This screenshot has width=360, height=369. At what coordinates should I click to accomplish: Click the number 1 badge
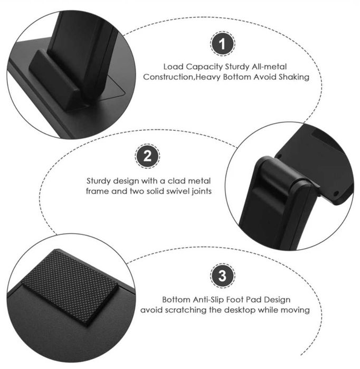[223, 44]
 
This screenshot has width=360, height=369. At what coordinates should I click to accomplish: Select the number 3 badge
[222, 276]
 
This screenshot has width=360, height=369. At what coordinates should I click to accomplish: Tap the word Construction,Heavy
[180, 77]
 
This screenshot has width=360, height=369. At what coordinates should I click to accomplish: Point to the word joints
[202, 191]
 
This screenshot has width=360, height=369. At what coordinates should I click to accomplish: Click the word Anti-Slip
[210, 300]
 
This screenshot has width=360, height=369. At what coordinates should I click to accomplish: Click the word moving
[295, 310]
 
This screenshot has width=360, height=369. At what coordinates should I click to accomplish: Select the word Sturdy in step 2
[99, 181]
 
